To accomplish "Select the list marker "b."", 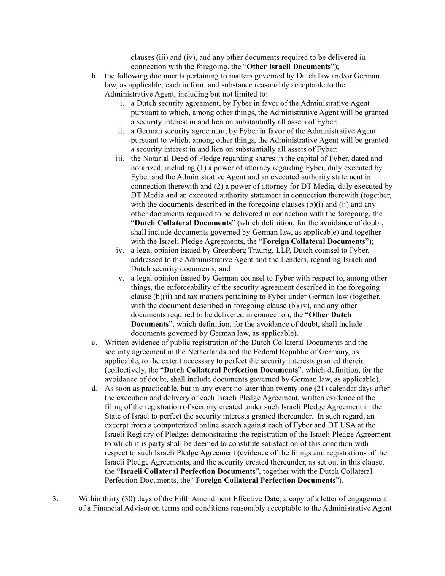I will pos(94,76).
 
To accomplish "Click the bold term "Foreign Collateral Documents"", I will pos(314,241).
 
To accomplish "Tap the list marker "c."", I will pos(94,342).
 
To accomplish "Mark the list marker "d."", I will pos(94,388).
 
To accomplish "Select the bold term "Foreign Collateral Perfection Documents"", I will pos(266,480).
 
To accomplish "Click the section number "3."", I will pos(55,499).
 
